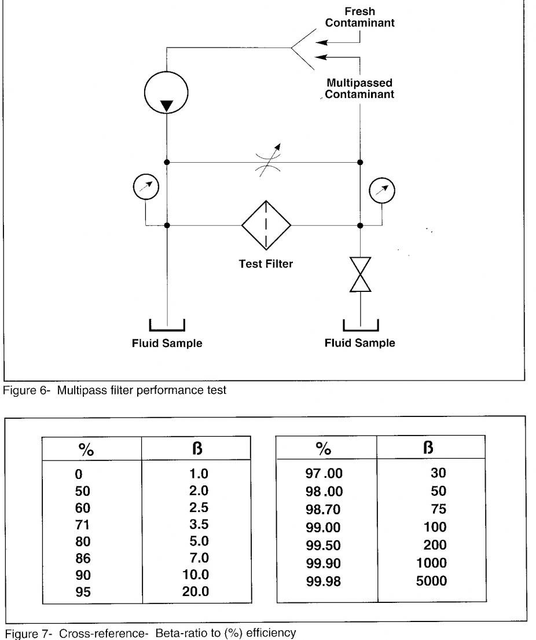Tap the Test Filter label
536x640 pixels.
click(x=266, y=264)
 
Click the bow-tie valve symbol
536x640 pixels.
click(x=360, y=275)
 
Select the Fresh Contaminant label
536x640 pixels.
click(x=360, y=17)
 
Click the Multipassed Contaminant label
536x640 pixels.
click(x=359, y=89)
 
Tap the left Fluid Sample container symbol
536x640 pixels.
click(x=167, y=330)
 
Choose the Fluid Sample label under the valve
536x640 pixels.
click(x=360, y=343)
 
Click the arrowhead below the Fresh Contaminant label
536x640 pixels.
click(x=321, y=42)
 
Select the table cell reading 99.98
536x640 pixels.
click(x=323, y=582)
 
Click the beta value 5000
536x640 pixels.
click(x=431, y=581)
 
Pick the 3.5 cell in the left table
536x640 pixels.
click(x=199, y=524)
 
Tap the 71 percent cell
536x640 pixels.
click(x=82, y=525)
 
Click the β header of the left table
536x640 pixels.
click(x=197, y=448)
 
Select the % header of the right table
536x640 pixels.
click(x=324, y=448)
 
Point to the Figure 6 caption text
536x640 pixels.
click(x=115, y=390)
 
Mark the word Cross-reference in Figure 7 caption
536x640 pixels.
click(x=104, y=634)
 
